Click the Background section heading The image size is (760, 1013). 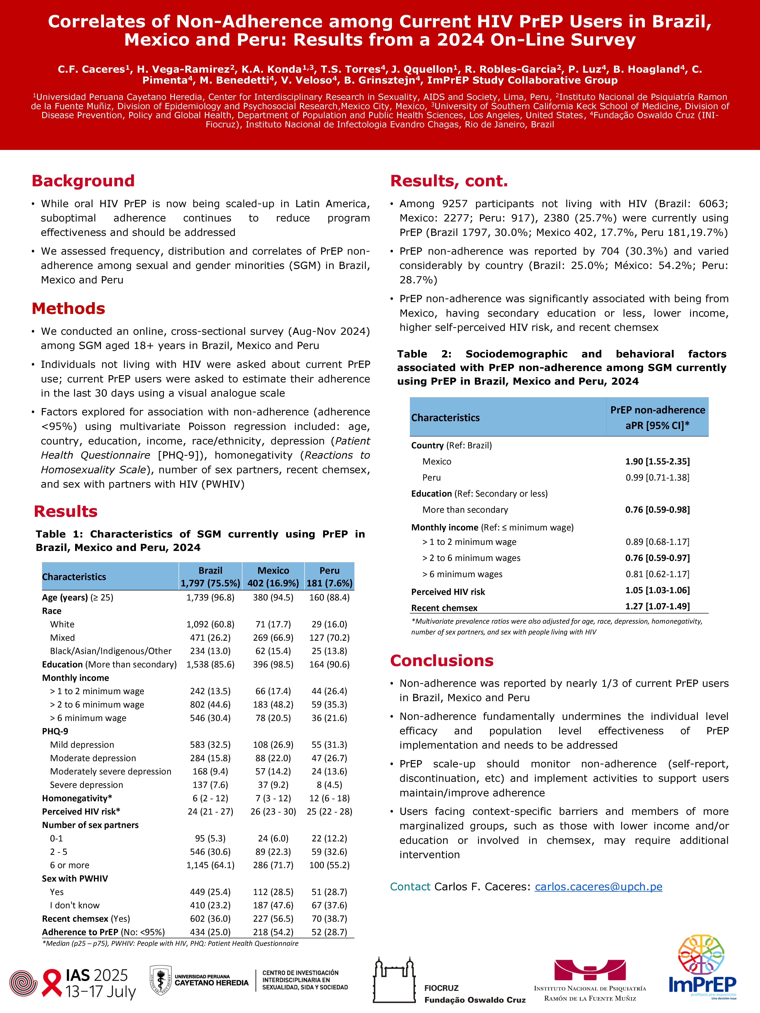pyautogui.click(x=83, y=181)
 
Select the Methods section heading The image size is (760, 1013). pyautogui.click(x=68, y=309)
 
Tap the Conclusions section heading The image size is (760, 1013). pyautogui.click(x=442, y=660)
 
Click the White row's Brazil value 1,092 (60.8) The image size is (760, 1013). pyautogui.click(x=210, y=624)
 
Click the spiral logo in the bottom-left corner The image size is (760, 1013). pyautogui.click(x=23, y=983)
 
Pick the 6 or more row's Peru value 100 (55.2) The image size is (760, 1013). pyautogui.click(x=329, y=865)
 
